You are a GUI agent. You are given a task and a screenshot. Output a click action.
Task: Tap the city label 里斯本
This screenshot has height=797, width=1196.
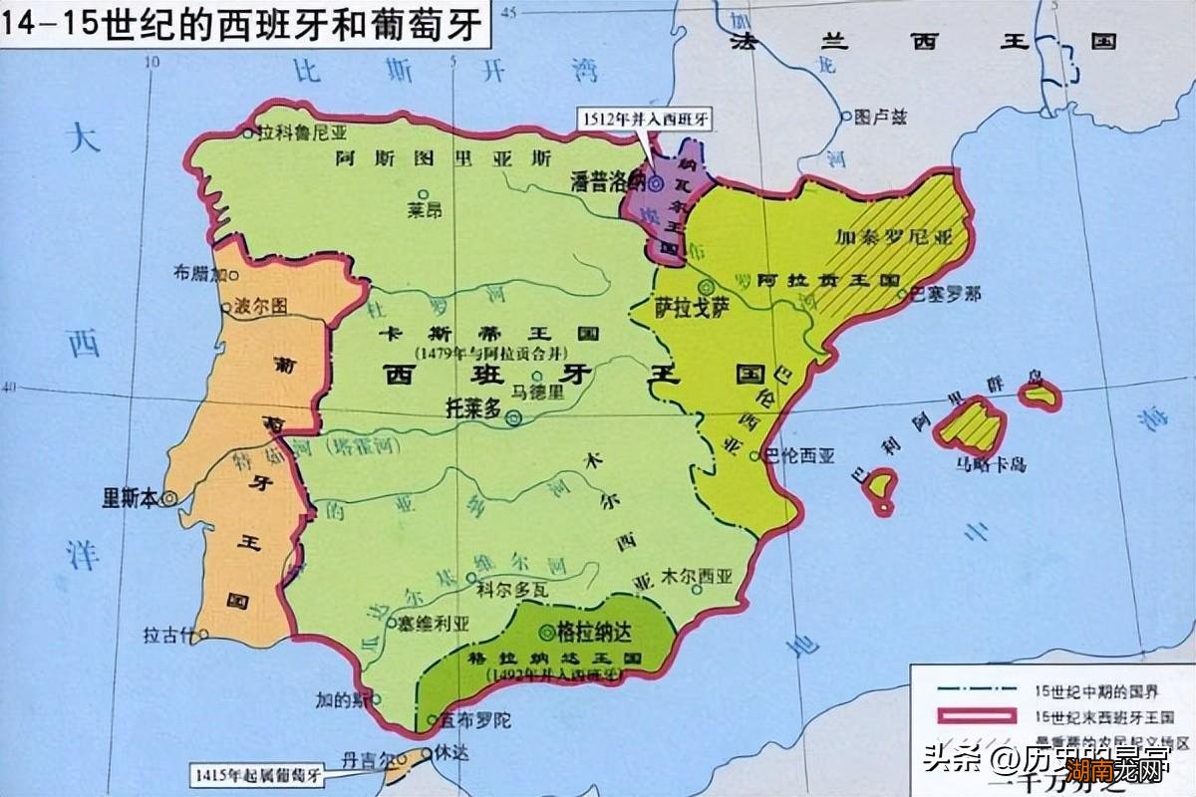tap(131, 496)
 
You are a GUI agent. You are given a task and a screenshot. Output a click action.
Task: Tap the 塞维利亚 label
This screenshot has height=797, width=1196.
tap(434, 624)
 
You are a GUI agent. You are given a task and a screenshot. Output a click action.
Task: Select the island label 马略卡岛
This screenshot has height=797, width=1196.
tap(992, 464)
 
